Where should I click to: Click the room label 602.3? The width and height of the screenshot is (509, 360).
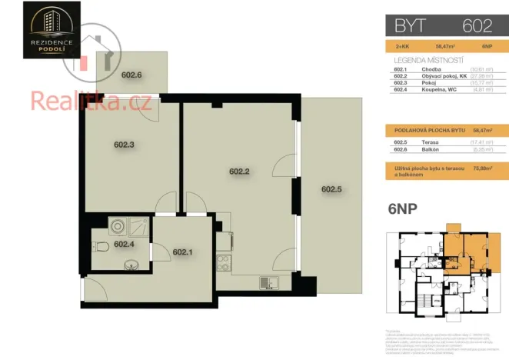pos(125,144)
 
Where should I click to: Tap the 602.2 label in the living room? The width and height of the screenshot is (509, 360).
pos(240,172)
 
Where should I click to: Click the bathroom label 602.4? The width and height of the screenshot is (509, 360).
pos(125,245)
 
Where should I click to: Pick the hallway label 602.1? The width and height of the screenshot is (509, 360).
pos(183,252)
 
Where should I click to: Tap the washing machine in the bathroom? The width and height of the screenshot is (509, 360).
pos(118,227)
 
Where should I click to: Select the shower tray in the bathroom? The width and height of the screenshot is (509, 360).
pos(140,227)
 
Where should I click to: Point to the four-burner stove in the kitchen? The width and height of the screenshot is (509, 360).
pos(224,263)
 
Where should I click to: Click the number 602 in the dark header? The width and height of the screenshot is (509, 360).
pos(477,25)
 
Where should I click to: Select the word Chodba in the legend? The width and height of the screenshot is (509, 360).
pos(431,70)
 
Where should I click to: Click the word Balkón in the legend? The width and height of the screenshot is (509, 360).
pos(430,149)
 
